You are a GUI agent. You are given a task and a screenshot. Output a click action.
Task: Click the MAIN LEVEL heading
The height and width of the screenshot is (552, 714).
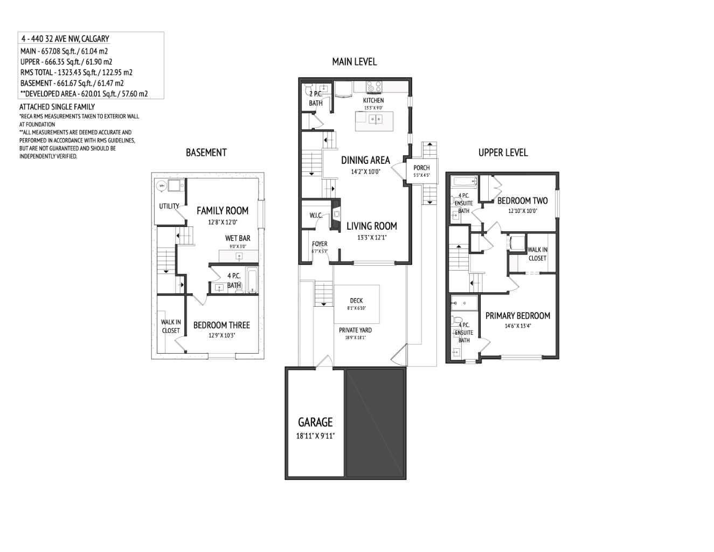pos(354,62)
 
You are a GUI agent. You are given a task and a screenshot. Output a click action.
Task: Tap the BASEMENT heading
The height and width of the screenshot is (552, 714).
pos(206,153)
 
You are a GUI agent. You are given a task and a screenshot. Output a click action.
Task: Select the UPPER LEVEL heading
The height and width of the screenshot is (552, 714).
pos(503,153)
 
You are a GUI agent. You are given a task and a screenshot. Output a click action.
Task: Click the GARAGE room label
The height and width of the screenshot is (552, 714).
pos(315,422)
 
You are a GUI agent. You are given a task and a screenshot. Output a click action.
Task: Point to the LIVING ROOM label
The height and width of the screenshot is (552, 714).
pos(371,226)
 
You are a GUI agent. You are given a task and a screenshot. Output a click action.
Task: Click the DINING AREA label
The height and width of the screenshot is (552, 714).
pos(365,160)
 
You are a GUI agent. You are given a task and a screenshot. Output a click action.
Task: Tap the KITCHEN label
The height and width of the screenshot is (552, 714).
pos(373,100)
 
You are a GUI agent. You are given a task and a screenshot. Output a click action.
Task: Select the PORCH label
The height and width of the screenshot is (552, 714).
pos(421,168)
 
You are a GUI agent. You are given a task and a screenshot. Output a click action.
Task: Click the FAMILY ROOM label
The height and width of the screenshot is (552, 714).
pos(222,211)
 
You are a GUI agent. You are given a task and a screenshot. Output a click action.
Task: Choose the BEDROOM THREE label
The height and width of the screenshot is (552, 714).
pos(221,325)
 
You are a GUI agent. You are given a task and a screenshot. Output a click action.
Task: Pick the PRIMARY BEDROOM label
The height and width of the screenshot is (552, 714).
pos(517,316)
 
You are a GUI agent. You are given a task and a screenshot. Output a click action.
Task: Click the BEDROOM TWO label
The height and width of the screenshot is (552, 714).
pos(522,201)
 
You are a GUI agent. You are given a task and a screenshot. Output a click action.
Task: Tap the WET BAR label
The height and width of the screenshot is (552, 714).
pos(238,238)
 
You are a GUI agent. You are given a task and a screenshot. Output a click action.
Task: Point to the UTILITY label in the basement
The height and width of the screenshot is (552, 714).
pos(169,206)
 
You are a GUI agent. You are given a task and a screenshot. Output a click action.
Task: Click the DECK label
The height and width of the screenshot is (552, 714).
pos(356,301)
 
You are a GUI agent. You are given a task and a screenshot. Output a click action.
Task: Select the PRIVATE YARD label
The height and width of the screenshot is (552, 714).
pos(355,330)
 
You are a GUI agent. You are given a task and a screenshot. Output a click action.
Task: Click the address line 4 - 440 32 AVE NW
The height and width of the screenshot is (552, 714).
pos(65,39)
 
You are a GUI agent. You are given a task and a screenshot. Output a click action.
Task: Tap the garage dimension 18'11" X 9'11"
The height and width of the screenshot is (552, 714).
pos(315,436)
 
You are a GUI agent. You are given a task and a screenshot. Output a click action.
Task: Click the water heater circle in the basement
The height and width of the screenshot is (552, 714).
pos(161,186)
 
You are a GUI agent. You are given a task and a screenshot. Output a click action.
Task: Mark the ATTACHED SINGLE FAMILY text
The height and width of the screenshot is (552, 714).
pos(57,107)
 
